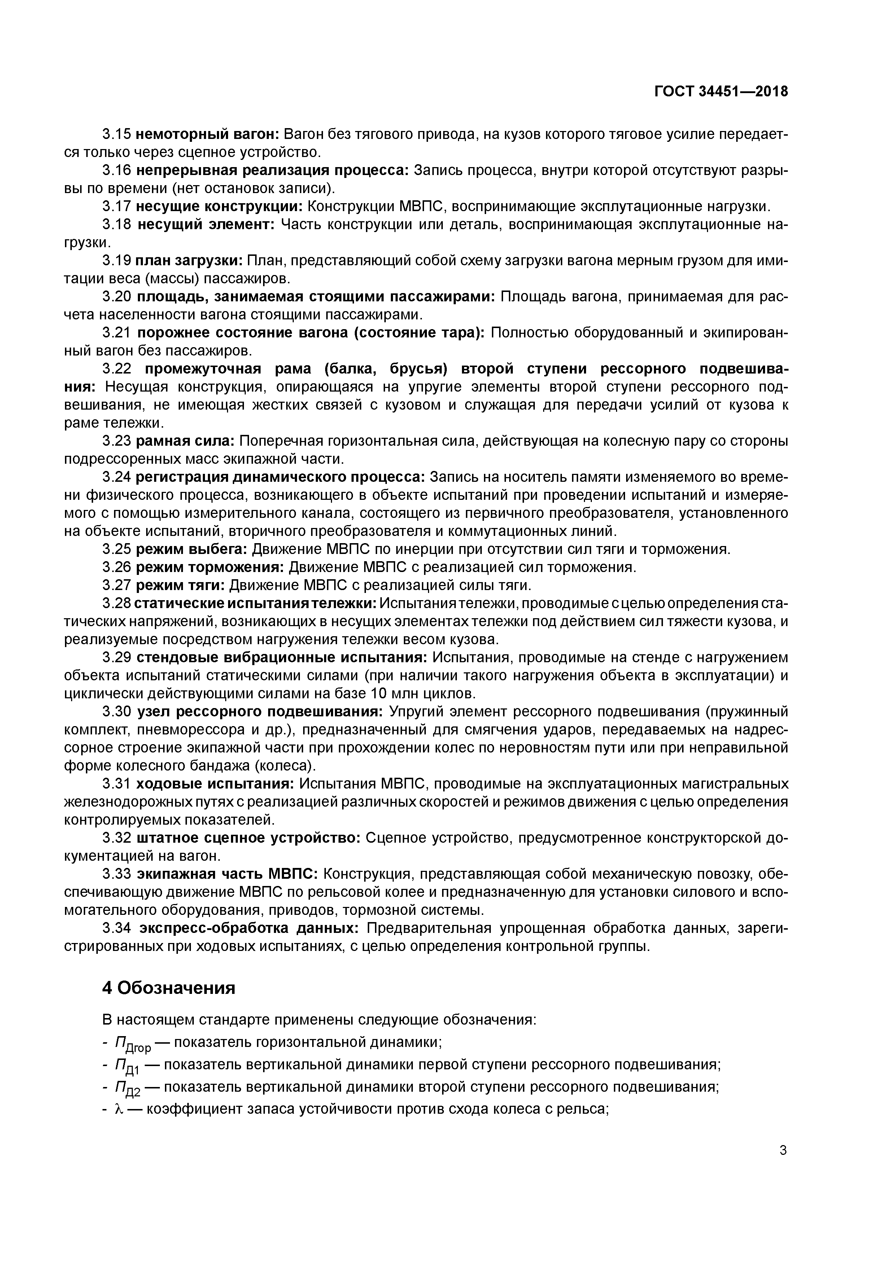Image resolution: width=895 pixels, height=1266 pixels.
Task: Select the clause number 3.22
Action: click(x=116, y=369)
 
